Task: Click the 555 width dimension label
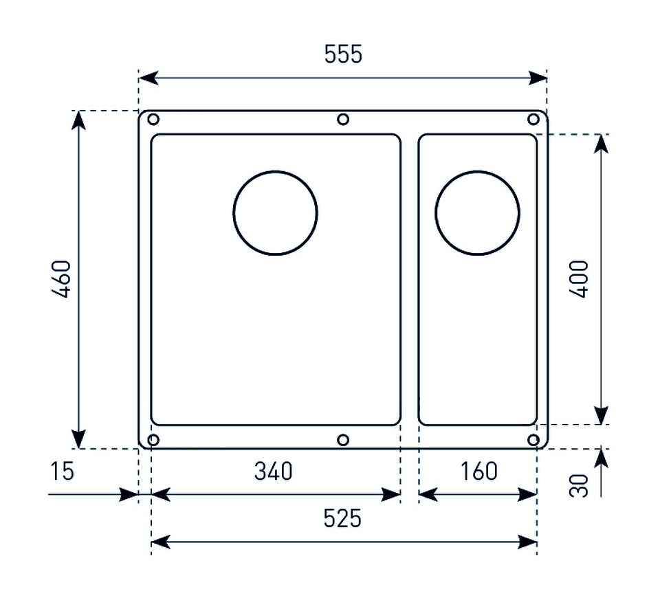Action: tap(343, 54)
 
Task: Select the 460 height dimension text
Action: tap(61, 280)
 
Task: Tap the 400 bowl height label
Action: tap(579, 280)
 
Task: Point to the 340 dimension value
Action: tap(273, 471)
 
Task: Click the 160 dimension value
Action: tap(478, 471)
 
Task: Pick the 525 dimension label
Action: tap(342, 518)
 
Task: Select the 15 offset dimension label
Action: tap(63, 471)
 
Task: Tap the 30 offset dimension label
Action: tap(579, 486)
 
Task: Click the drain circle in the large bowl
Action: tap(275, 213)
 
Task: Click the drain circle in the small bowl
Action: tap(477, 213)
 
